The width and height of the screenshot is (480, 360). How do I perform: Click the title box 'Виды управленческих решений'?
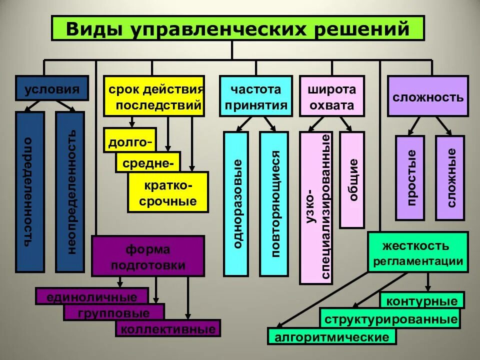click(x=238, y=28)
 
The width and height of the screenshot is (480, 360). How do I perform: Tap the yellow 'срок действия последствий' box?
click(x=154, y=96)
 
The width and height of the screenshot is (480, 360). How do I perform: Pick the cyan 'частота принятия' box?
click(x=255, y=96)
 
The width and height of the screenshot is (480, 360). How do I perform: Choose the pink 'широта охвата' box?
click(x=332, y=96)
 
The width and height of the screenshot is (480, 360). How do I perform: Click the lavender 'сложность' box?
click(x=427, y=96)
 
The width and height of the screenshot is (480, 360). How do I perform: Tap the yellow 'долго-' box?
click(x=129, y=142)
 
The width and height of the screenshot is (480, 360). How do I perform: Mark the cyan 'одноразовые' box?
click(x=236, y=204)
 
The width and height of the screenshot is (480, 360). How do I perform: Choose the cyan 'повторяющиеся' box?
click(x=273, y=204)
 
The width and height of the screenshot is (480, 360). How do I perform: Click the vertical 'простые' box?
click(x=410, y=177)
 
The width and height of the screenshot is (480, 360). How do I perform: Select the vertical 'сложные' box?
click(x=450, y=177)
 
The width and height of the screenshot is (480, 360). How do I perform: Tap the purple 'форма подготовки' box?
click(x=148, y=256)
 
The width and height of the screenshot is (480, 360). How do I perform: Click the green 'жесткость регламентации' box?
click(x=417, y=251)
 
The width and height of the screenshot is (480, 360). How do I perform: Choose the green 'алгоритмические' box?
click(x=331, y=337)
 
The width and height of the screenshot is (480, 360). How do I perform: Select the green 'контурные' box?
click(x=422, y=301)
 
